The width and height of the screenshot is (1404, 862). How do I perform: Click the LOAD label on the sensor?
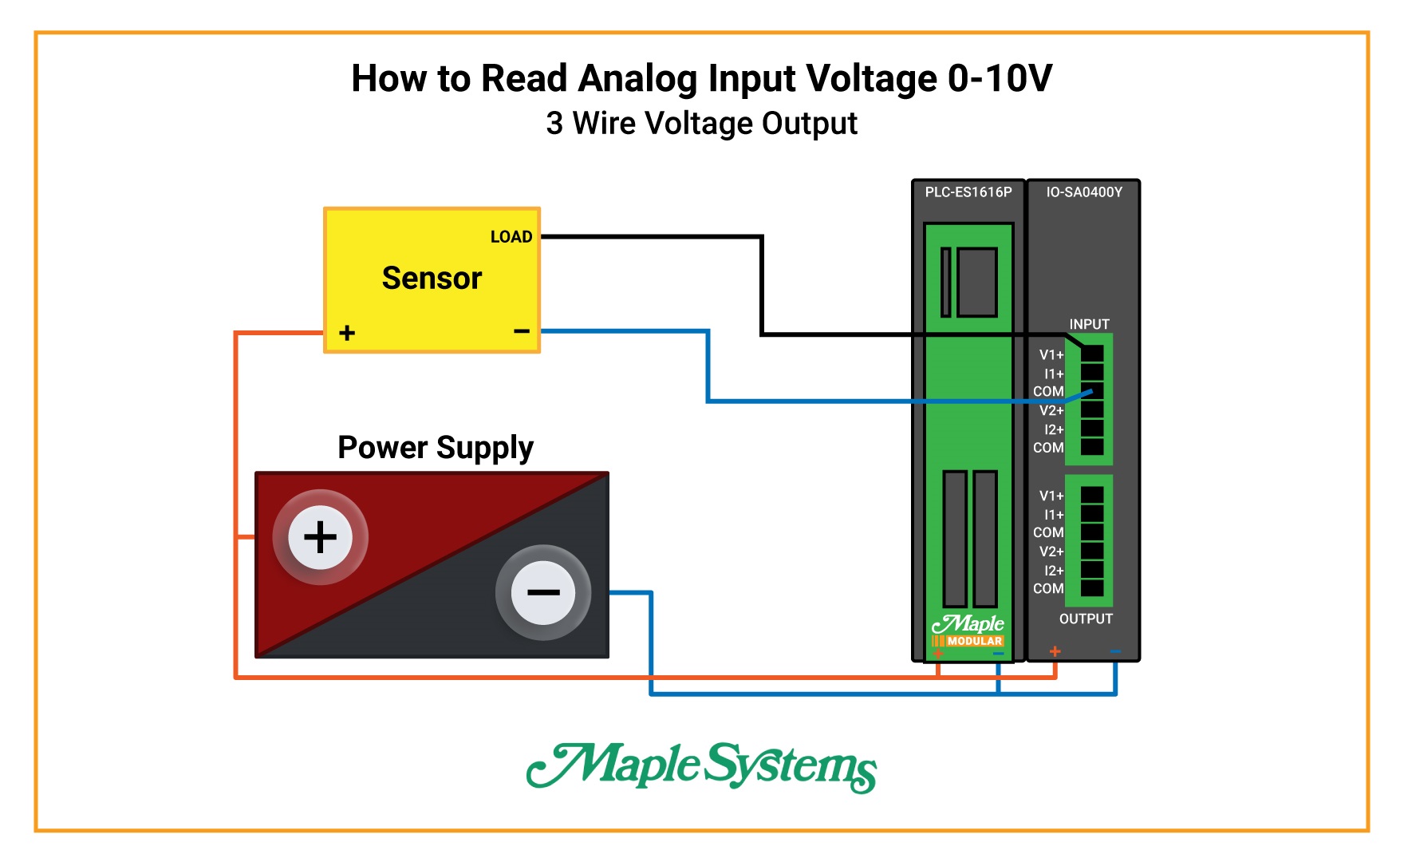tap(511, 237)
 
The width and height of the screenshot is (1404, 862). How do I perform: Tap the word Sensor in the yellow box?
tap(432, 278)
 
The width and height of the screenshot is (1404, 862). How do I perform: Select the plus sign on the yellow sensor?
tap(347, 333)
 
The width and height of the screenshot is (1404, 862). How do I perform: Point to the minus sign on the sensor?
tap(522, 330)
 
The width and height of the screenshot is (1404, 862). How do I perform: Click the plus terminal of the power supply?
tap(320, 537)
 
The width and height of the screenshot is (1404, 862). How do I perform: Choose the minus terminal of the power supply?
tap(543, 592)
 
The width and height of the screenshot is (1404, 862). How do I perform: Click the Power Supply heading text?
tap(436, 448)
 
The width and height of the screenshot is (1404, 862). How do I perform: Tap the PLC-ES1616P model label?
tap(968, 192)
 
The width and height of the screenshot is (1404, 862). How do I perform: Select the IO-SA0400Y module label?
tap(1084, 192)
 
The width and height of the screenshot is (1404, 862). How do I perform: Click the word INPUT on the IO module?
tap(1089, 324)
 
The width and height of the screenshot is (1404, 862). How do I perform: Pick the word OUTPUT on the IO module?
tap(1086, 619)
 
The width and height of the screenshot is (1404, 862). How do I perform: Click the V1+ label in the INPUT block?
tap(1051, 355)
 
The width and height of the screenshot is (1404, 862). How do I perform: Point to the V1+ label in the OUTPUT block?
tap(1051, 496)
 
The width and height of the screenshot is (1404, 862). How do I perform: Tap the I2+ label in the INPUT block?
tap(1054, 429)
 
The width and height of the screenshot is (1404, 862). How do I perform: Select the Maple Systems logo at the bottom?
tap(701, 766)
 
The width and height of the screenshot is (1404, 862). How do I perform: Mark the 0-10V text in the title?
tap(1000, 79)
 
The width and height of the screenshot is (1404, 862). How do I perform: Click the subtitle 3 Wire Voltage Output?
tap(701, 124)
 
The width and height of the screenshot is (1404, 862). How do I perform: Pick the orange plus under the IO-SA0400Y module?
tap(1055, 651)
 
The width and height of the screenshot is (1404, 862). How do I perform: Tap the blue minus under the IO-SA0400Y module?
tap(1115, 651)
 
